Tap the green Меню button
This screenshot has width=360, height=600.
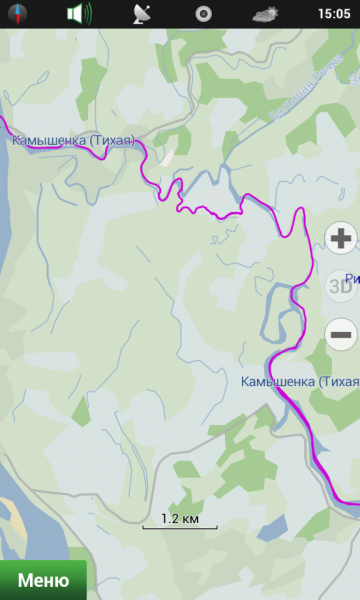tap(42, 580)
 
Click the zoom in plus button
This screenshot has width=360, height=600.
tap(342, 238)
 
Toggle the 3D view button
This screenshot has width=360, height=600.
tap(341, 286)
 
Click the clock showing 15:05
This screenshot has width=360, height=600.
tap(333, 14)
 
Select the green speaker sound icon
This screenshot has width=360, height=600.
tap(78, 14)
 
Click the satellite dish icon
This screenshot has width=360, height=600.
tap(143, 14)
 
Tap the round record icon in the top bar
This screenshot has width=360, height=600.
tap(203, 14)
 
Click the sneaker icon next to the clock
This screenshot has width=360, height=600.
tap(266, 14)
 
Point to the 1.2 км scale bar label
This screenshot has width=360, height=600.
tap(180, 519)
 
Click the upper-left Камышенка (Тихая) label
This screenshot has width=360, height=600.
tap(73, 141)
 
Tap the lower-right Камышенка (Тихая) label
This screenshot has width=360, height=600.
tap(299, 382)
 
